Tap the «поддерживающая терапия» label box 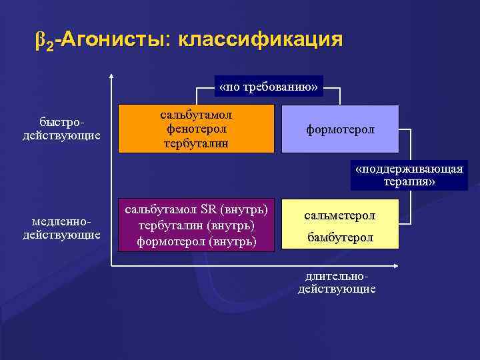(409, 175)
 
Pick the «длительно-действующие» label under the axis (337, 283)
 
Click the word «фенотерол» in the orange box (197, 128)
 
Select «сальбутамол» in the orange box (197, 115)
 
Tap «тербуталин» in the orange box (197, 142)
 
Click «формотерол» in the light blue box (340, 129)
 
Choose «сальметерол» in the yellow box (340, 215)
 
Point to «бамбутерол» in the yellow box (340, 237)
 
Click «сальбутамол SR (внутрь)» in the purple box (197, 210)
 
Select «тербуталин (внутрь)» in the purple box (197, 225)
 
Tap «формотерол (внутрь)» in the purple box (197, 241)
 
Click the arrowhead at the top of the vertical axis (111, 77)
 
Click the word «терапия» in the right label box (409, 182)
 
